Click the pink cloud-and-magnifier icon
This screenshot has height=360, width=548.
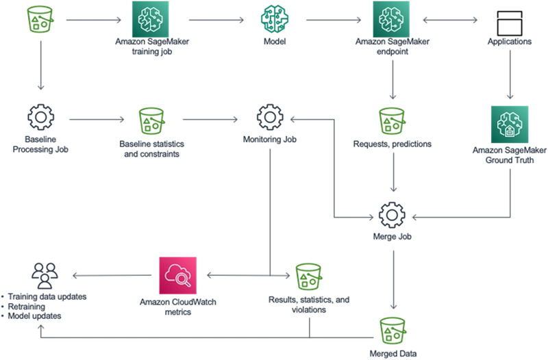coord(177,275)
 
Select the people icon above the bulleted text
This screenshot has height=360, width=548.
coord(45,274)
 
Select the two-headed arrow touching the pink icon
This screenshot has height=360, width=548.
coord(242,275)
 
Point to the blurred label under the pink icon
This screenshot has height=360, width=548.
coord(177,306)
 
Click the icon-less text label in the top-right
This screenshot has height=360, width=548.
coord(510,41)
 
